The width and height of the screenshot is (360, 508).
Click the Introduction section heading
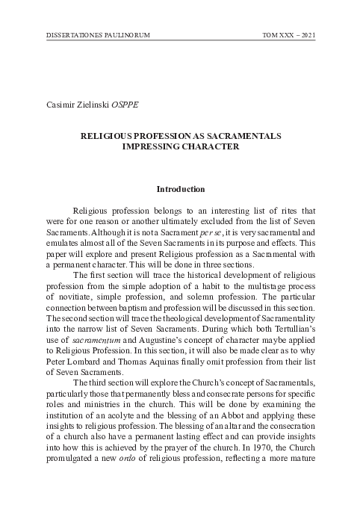click(x=180, y=190)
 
